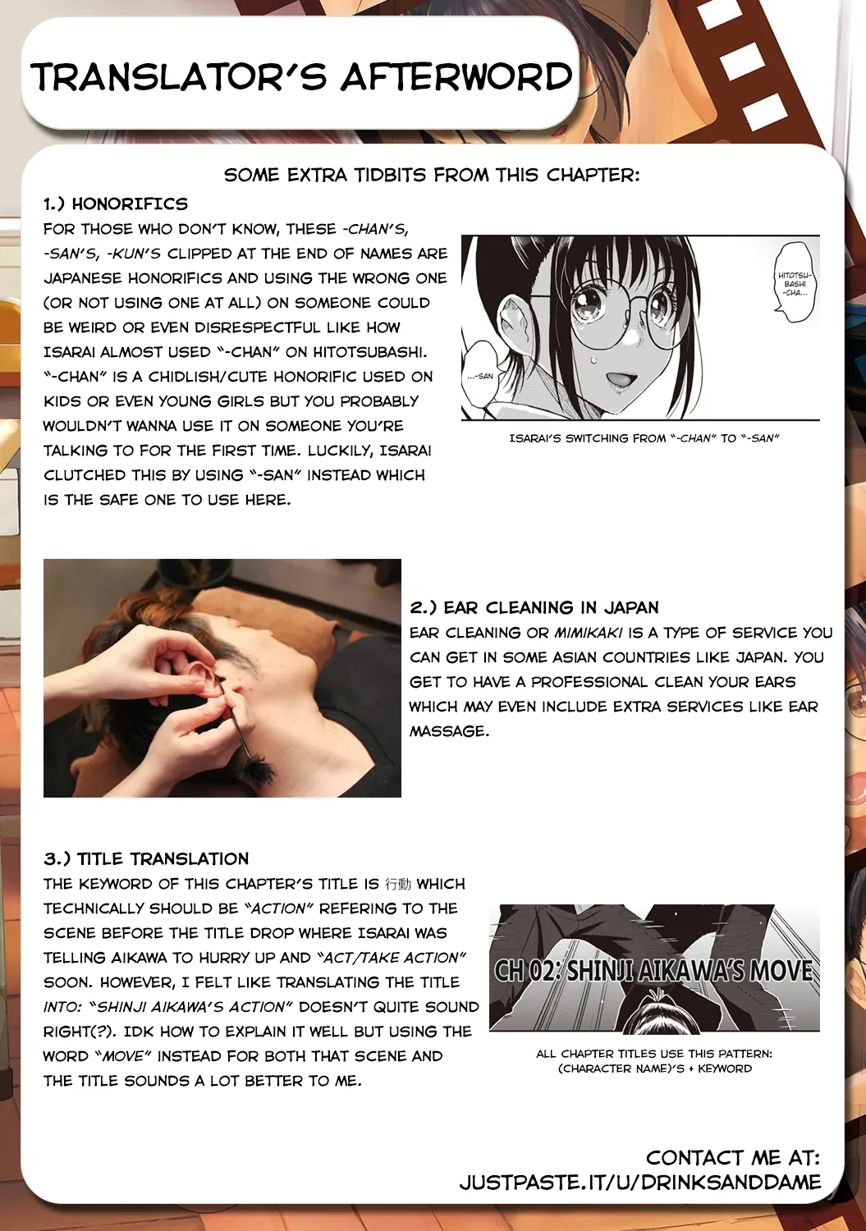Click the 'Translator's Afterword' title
[x=301, y=77]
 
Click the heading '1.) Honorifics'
[x=116, y=204]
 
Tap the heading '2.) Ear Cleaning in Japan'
[x=534, y=607]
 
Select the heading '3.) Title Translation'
[x=146, y=858]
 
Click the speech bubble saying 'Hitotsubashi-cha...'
[x=794, y=283]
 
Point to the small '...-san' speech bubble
[x=481, y=375]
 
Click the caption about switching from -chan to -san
[x=644, y=438]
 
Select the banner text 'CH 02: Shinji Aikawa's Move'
[x=653, y=970]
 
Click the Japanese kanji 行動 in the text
[x=398, y=884]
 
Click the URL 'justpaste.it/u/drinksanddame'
[x=640, y=1182]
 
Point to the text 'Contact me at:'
[x=732, y=1157]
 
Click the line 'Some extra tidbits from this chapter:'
[x=432, y=175]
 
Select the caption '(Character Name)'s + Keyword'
[x=654, y=1069]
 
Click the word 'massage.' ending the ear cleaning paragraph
[x=449, y=730]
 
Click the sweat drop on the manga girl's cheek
[x=593, y=359]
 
